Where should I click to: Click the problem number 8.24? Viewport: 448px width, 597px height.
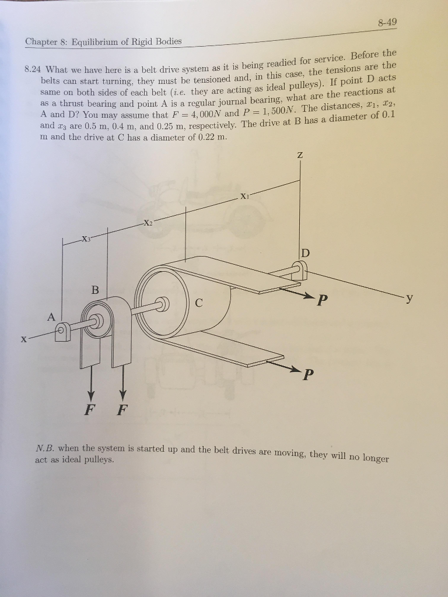coord(33,68)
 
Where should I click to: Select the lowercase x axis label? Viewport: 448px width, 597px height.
coord(24,339)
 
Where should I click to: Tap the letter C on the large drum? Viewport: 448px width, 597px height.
coord(199,303)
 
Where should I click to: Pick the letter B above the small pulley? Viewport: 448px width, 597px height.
coord(96,290)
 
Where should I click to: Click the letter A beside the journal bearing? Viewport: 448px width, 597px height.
coord(51,317)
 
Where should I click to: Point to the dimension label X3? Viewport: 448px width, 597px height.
coord(86,239)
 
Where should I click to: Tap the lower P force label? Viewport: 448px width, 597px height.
coord(307,374)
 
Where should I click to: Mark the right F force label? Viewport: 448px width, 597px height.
coord(121,408)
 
